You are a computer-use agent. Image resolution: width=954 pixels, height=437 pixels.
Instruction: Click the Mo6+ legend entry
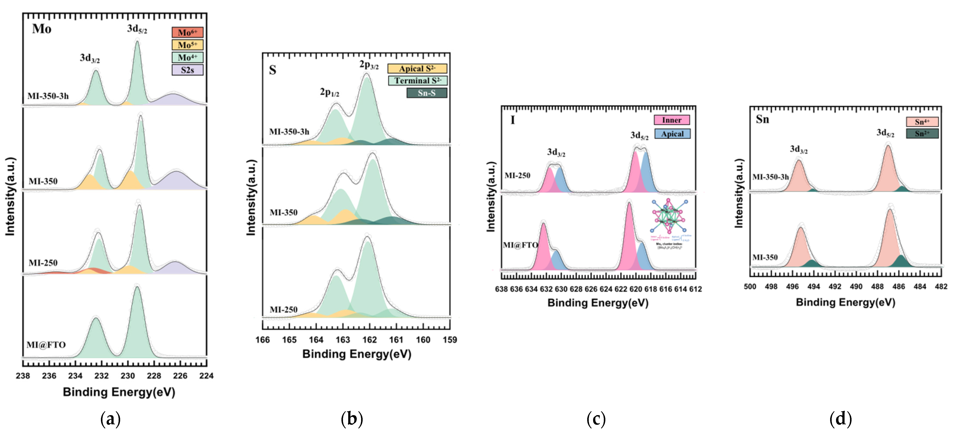point(187,32)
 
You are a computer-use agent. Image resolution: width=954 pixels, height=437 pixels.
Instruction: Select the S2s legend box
point(187,70)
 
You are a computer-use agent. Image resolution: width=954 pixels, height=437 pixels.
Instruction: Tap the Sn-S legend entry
point(427,93)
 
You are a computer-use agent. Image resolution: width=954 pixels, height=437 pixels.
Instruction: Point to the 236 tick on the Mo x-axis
point(49,376)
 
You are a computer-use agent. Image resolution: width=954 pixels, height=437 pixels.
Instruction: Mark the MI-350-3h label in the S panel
point(289,132)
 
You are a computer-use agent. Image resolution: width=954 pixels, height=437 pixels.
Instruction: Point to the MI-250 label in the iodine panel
point(517,176)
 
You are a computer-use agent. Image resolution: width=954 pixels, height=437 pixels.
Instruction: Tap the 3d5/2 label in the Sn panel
point(885,133)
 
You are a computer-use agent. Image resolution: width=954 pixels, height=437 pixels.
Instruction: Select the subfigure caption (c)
point(596,419)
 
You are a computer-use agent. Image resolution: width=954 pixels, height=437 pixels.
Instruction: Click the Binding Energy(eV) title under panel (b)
point(357,354)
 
